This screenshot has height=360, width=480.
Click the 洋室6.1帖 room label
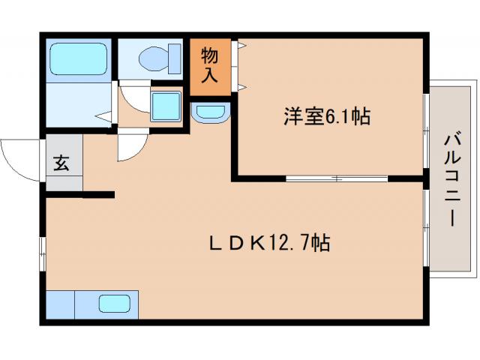326,117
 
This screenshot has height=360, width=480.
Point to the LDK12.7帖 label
270,243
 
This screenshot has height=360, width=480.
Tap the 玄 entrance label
61,163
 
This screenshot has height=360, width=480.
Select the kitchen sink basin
115,304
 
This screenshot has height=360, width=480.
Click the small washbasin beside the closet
211,113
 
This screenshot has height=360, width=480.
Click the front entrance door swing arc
21,159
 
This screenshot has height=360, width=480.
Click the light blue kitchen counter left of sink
60,305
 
